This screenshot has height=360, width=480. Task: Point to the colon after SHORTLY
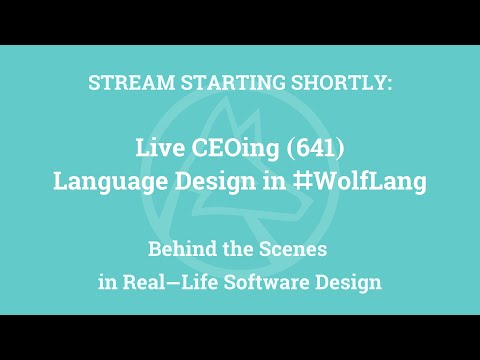pos(390,84)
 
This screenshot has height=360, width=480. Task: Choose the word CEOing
pos(233,148)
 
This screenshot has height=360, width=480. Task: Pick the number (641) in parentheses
pos(313,148)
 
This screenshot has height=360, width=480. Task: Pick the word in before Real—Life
pos(108,282)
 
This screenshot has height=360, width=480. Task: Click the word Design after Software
pos(348,282)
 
